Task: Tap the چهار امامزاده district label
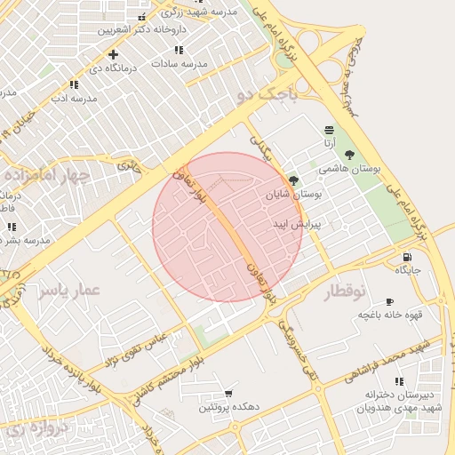45,174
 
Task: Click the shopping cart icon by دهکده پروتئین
228,393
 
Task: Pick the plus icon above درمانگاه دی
113,54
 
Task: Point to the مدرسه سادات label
179,64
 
